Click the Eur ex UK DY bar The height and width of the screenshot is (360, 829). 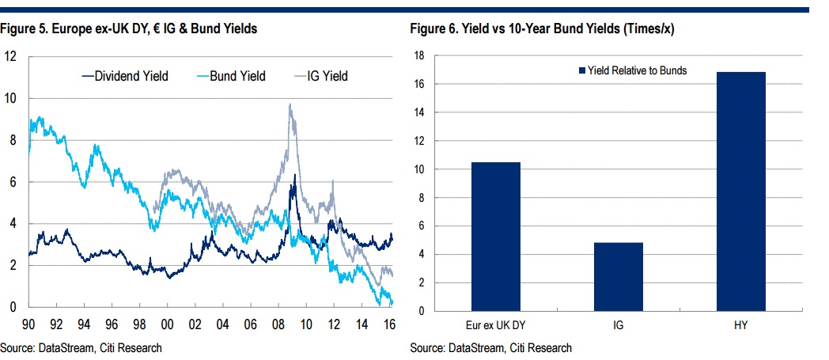497,237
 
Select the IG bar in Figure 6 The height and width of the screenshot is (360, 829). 619,276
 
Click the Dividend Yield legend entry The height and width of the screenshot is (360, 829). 127,76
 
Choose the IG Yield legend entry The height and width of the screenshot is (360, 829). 320,76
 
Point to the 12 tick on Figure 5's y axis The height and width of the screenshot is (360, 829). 11,57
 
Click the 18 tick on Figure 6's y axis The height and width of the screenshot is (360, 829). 420,56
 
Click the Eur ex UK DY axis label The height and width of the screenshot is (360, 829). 497,324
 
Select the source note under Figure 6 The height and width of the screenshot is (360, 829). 491,347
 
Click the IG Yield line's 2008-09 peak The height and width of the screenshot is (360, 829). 290,104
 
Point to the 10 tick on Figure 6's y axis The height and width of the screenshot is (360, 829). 420,169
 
